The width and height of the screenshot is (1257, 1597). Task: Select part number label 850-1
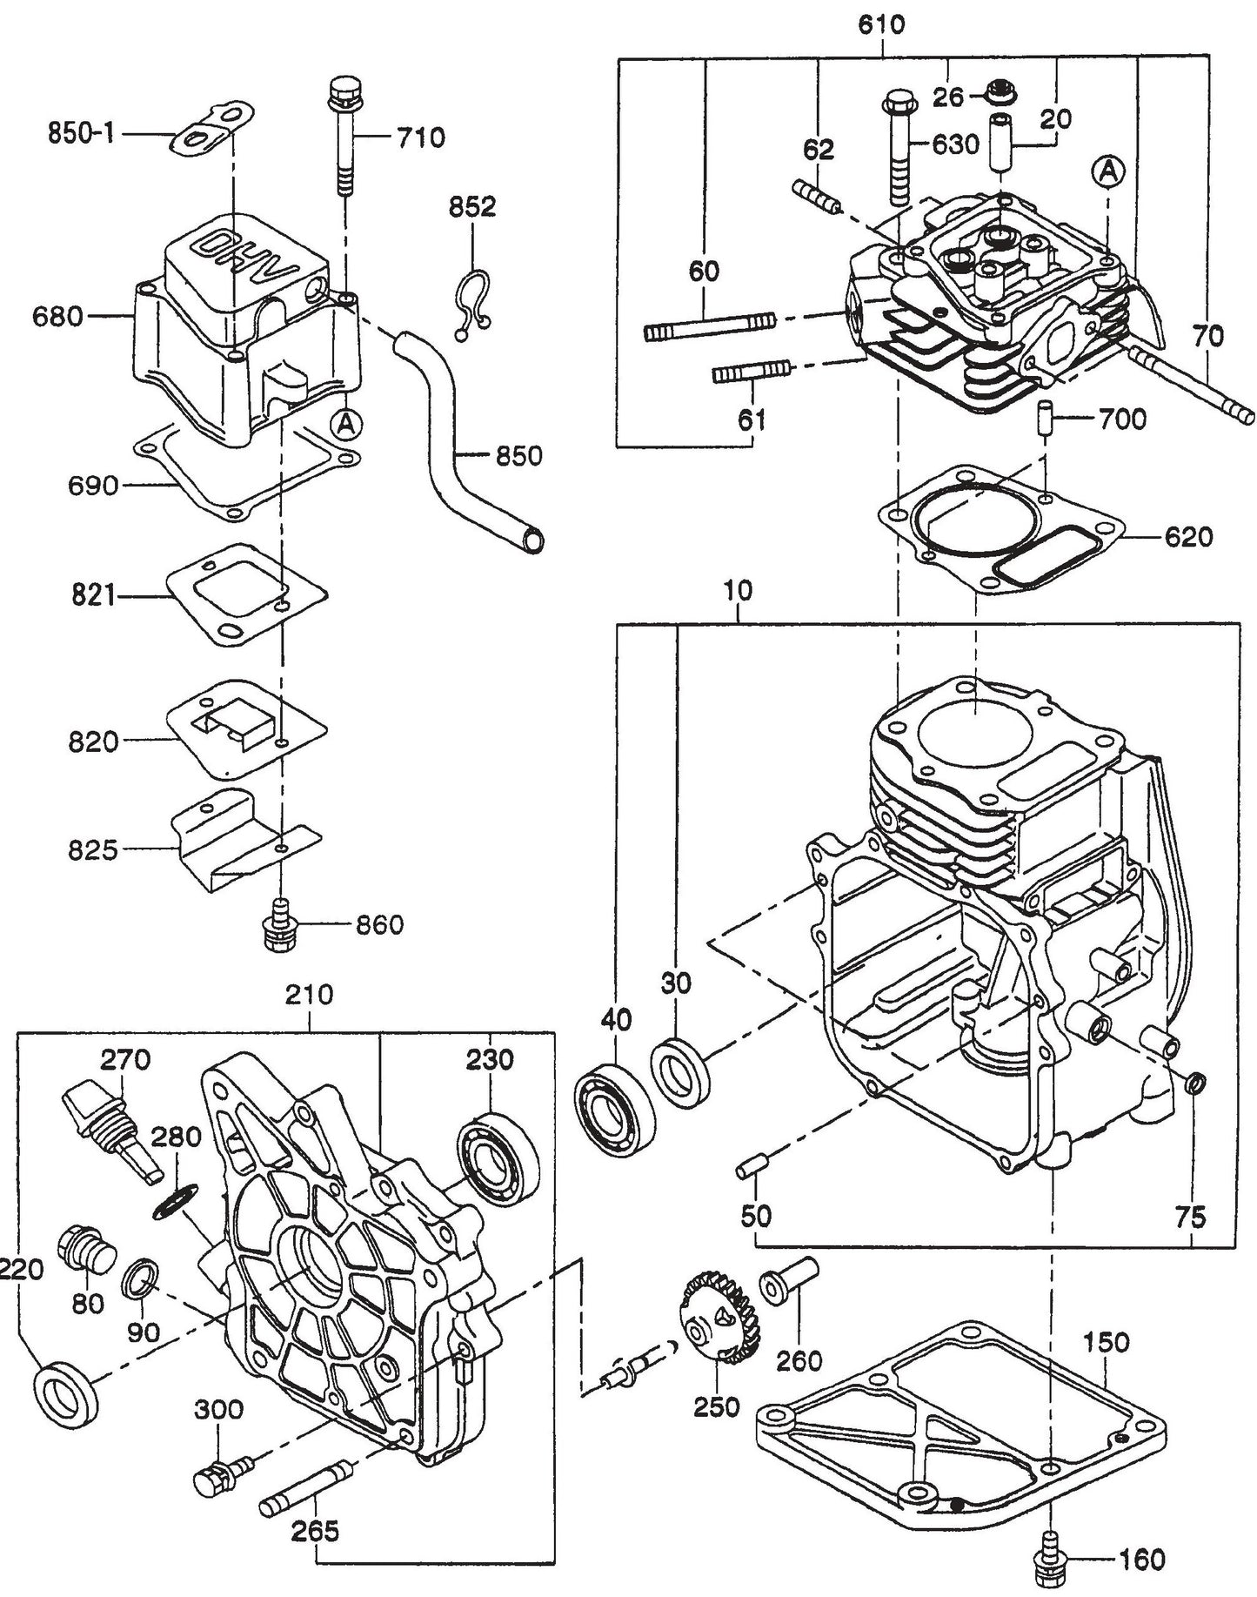point(81,135)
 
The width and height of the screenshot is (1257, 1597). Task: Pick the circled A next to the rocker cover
point(346,424)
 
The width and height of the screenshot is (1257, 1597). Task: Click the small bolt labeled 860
point(280,927)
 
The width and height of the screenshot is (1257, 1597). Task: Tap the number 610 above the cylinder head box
point(881,24)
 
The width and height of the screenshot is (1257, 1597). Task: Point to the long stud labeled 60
point(709,328)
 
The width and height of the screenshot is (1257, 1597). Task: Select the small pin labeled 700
point(1046,419)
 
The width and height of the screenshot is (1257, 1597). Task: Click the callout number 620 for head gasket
point(1188,537)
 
